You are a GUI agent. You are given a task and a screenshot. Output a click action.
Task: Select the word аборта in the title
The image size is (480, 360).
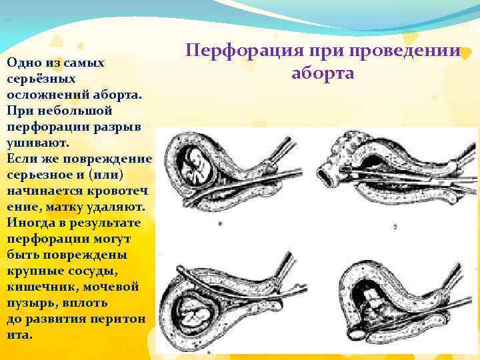[x=323, y=73]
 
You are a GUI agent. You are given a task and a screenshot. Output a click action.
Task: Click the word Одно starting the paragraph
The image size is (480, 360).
[x=21, y=63]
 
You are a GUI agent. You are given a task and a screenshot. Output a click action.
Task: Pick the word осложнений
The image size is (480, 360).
[x=43, y=94]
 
